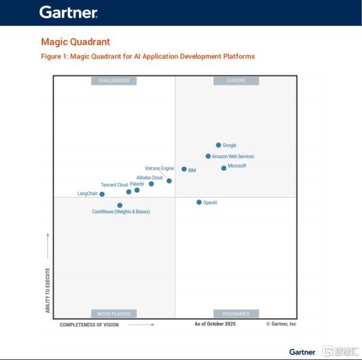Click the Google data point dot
pos(218,145)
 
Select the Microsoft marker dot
pos(223,168)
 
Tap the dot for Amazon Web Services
pos(208,156)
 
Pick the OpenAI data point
pos(199,202)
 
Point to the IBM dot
pos(184,169)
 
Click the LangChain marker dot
pos(102,194)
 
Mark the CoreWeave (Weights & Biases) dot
pos(120,205)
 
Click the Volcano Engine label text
pos(159,169)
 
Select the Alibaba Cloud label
pos(150,178)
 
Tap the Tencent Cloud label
pos(114,185)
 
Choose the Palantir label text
pos(137,184)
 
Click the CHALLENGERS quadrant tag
pos(114,81)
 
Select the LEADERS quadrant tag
pos(236,81)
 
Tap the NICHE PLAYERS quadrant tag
pos(114,314)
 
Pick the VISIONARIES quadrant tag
pos(236,314)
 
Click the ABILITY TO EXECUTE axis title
pos(48,291)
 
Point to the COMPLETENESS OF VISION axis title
pos(89,325)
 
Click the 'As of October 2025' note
pos(215,324)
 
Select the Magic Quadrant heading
pos(76,42)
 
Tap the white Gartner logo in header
pos(68,13)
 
